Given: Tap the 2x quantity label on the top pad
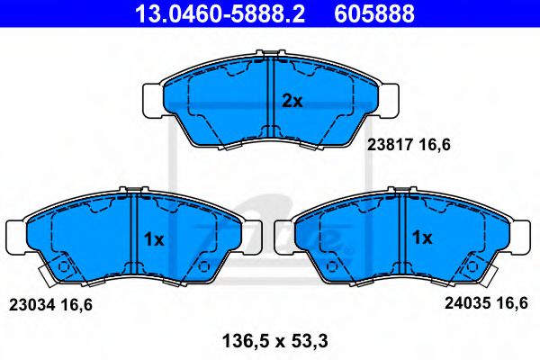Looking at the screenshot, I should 292,102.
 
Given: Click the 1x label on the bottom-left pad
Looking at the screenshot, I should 153,239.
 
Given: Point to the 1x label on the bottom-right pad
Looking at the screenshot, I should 422,238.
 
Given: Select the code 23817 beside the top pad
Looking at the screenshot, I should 388,143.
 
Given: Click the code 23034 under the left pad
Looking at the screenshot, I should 31,305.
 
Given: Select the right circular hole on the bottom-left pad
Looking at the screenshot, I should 202,266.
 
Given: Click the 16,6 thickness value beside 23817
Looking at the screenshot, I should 433,143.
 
